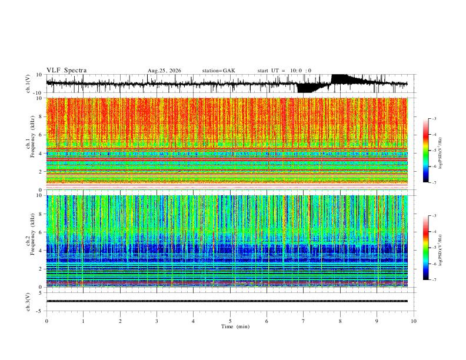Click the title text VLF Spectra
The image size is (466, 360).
click(x=66, y=71)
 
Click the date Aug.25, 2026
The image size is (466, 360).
click(x=164, y=71)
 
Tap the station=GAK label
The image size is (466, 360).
click(x=218, y=71)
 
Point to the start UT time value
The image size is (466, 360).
click(x=301, y=71)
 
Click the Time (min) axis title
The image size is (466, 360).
click(x=235, y=326)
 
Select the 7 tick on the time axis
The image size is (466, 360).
click(x=304, y=321)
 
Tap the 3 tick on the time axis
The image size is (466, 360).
click(x=157, y=321)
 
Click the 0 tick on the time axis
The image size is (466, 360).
click(x=46, y=321)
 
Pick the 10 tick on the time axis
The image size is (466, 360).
click(x=414, y=321)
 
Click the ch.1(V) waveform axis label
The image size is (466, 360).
click(x=28, y=84)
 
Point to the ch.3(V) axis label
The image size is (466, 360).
click(x=28, y=302)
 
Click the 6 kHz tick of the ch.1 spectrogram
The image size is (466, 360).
click(x=41, y=135)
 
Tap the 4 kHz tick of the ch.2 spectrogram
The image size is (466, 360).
click(x=41, y=251)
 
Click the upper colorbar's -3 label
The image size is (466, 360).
click(x=434, y=118)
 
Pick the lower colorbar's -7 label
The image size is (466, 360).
click(x=434, y=279)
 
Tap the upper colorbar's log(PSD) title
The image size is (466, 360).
click(x=441, y=153)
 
